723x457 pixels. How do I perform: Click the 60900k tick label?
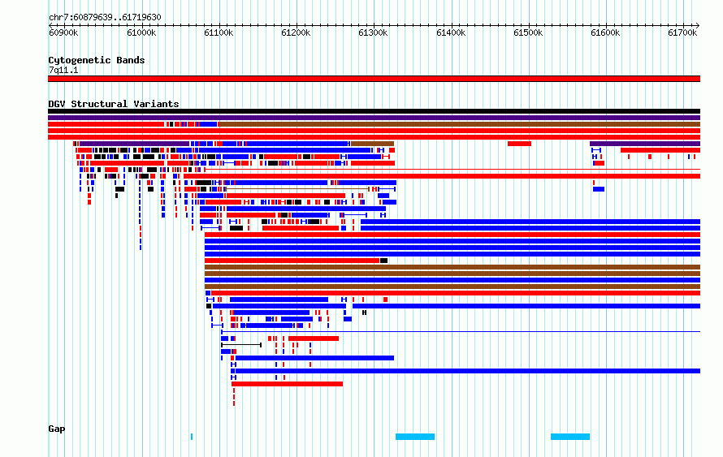point(63,32)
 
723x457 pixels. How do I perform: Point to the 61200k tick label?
point(296,32)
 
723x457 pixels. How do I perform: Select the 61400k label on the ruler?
point(451,32)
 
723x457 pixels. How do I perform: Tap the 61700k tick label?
point(682,32)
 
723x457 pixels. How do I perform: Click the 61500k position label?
point(528,32)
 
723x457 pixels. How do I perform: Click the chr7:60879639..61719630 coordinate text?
point(105,18)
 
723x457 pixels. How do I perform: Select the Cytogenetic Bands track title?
point(97,60)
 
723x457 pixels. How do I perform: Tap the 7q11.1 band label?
point(63,70)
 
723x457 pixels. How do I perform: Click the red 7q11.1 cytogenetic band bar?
point(374,79)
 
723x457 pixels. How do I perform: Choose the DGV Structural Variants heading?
point(114,104)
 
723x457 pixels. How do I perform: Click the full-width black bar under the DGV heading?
point(374,111)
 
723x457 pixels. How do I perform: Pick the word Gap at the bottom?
point(57,429)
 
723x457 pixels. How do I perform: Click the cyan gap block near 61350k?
point(415,436)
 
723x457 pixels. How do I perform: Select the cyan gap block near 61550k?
point(570,436)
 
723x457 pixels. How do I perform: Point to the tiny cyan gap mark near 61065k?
point(192,436)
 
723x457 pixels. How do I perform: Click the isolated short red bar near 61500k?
point(519,144)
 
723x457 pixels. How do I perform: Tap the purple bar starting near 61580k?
point(645,144)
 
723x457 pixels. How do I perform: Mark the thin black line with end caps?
point(241,345)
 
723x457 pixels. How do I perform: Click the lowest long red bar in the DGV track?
point(288,384)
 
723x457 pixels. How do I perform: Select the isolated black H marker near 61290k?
point(364,313)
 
